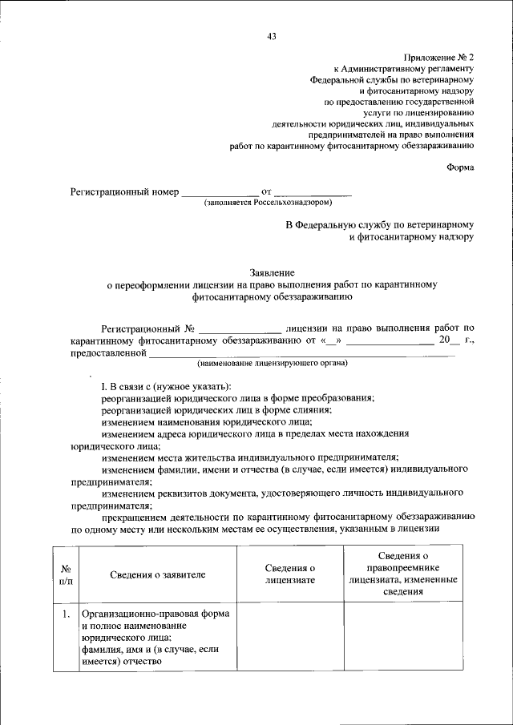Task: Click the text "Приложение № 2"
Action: (440, 58)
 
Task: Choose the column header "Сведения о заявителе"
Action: (158, 574)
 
